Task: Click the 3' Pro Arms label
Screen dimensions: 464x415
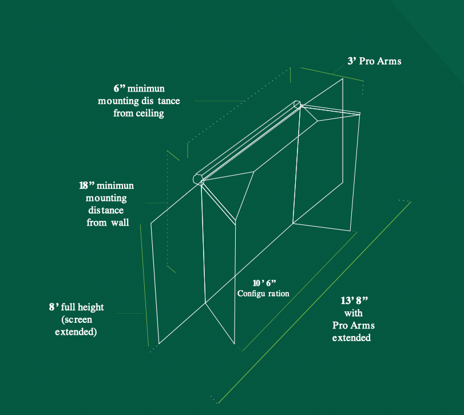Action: click(374, 61)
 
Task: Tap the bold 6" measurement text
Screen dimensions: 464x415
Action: click(120, 88)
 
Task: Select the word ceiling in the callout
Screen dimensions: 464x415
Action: click(150, 113)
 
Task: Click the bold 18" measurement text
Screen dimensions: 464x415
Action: click(86, 185)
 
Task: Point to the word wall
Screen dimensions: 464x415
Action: click(120, 222)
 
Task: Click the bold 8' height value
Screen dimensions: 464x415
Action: click(54, 307)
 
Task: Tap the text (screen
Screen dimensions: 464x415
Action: click(77, 319)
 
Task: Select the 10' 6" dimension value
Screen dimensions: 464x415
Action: click(264, 283)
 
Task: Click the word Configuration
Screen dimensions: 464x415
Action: click(263, 293)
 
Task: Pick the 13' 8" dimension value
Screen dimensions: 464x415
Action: click(354, 301)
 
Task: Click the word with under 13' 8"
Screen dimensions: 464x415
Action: click(354, 313)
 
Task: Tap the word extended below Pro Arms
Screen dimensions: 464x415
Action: click(351, 338)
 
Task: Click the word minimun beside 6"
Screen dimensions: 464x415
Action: click(146, 88)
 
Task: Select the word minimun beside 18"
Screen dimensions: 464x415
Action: click(115, 185)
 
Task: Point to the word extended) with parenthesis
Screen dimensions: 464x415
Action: click(76, 332)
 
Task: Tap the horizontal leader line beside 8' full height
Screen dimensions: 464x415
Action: click(130, 314)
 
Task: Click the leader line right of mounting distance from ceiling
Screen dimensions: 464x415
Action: click(220, 101)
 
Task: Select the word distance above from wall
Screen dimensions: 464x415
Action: click(106, 210)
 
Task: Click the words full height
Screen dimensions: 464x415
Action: click(82, 307)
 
